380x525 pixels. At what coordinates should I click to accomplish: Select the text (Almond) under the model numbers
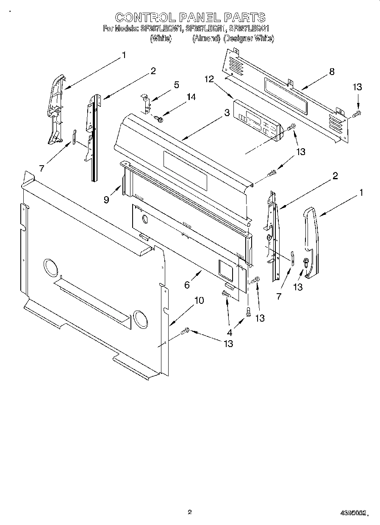pos(206,39)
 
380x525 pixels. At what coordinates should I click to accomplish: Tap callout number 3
pos(227,113)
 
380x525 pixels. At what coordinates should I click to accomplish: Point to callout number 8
pos(332,72)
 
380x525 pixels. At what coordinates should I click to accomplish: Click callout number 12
pos(208,79)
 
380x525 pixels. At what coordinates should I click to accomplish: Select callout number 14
pos(191,97)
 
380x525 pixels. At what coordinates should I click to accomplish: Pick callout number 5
pos(176,85)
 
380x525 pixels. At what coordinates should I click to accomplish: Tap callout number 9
pos(106,199)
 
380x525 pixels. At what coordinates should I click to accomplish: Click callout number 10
pos(199,300)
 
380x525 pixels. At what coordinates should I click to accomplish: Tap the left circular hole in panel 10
pos(50,268)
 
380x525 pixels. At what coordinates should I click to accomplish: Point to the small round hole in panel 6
pos(145,219)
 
